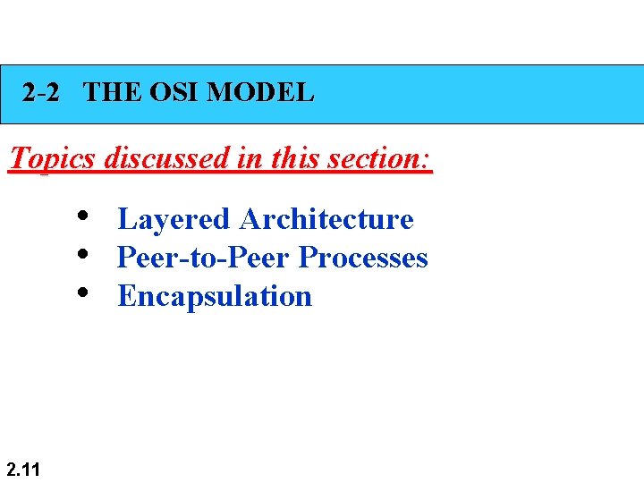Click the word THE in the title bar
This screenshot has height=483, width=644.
[x=112, y=92]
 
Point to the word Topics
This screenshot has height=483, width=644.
[x=51, y=159]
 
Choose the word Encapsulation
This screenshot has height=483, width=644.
[x=215, y=297]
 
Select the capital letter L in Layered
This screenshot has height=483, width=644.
[x=125, y=219]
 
